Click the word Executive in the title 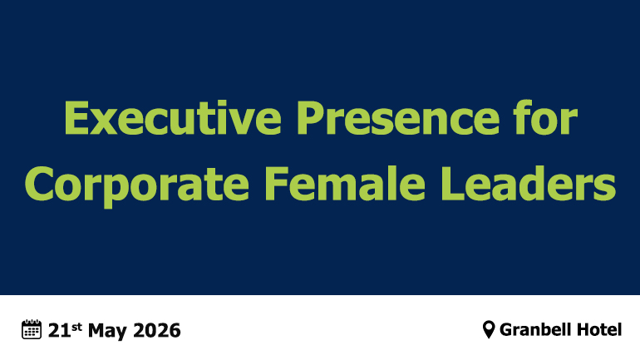(x=173, y=118)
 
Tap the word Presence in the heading (x=398, y=118)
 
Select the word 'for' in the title (x=546, y=117)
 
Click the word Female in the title (x=345, y=184)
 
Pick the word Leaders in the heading (x=528, y=184)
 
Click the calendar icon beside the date (x=32, y=329)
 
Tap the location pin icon (x=489, y=329)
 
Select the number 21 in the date (x=59, y=331)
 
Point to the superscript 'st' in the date (x=76, y=327)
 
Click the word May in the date (x=107, y=332)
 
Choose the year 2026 (x=157, y=331)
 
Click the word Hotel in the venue (x=596, y=329)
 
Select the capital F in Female (x=276, y=184)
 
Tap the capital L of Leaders (x=452, y=184)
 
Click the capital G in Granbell (x=506, y=330)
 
